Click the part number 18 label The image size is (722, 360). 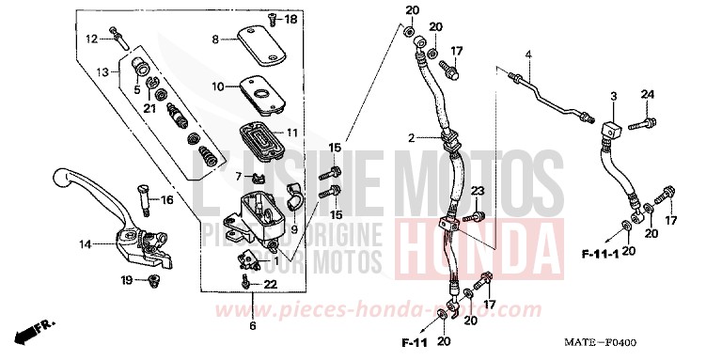click(290, 19)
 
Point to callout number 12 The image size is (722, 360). click(91, 39)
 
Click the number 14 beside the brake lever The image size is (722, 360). click(85, 244)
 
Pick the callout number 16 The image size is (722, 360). click(166, 200)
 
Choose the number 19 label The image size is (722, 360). click(126, 280)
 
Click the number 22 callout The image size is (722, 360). click(271, 284)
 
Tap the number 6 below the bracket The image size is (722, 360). click(252, 326)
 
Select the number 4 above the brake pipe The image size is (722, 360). click(528, 55)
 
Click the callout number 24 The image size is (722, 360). click(647, 92)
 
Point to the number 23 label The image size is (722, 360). click(478, 191)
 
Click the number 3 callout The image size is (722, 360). click(613, 97)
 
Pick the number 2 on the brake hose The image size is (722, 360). click(411, 138)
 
